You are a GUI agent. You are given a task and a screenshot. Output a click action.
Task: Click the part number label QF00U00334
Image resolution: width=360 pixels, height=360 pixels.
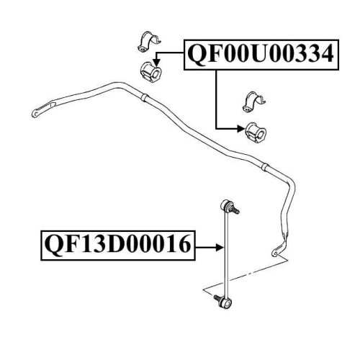click(261, 55)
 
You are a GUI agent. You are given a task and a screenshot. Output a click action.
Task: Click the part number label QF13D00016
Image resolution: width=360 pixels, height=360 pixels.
click(118, 245)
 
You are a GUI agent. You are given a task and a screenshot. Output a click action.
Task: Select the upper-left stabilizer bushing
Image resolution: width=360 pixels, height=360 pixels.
click(150, 72)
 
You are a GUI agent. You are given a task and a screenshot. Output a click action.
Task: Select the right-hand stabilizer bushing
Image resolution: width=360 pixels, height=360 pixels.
click(256, 132)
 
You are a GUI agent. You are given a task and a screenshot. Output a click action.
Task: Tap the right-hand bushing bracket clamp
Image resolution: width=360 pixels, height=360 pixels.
click(253, 102)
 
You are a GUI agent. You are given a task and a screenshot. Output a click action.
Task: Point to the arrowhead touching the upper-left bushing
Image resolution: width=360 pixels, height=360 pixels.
click(156, 63)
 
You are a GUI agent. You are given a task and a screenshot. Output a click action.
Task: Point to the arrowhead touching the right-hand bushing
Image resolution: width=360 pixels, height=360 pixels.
click(241, 129)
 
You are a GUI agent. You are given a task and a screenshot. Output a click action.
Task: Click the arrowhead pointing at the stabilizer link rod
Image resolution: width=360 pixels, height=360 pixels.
click(220, 247)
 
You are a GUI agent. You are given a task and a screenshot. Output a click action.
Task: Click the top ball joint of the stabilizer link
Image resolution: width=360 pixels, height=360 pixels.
click(226, 204)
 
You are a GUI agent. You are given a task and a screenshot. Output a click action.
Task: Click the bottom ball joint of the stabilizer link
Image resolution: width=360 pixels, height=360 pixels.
click(226, 303)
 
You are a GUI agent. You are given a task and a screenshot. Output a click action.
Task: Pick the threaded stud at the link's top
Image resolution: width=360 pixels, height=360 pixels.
click(235, 210)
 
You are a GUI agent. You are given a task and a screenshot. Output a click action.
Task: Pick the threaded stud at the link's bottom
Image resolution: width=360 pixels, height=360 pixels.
click(217, 298)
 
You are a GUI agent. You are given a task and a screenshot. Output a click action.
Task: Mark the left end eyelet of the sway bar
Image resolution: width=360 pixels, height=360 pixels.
click(35, 114)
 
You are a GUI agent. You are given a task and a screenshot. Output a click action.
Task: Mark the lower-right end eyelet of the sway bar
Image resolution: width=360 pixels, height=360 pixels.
click(275, 252)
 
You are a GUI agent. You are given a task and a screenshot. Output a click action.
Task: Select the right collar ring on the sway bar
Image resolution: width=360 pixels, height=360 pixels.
click(265, 167)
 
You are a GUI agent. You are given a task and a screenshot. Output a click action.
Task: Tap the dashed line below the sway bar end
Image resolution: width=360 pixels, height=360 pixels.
click(246, 275)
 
